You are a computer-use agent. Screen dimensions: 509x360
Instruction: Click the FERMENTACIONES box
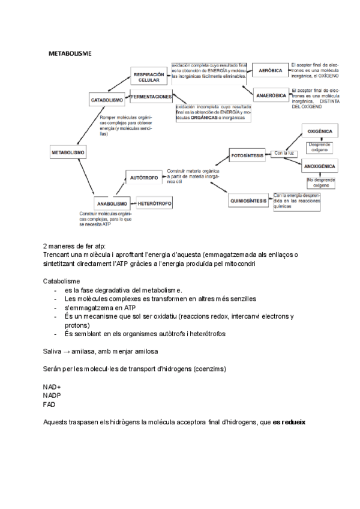click(151, 97)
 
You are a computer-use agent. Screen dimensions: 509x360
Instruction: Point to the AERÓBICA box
click(270, 71)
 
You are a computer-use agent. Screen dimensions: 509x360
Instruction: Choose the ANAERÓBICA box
click(271, 95)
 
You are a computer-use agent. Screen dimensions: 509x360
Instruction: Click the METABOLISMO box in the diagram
click(67, 152)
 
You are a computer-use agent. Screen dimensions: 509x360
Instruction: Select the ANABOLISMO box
click(112, 203)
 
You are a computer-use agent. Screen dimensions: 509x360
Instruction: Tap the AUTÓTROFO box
click(143, 178)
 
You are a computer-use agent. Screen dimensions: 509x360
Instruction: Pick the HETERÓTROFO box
click(155, 203)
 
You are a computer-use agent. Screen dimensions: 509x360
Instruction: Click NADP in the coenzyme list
click(52, 396)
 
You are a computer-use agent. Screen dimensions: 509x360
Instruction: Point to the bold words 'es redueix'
click(289, 422)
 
